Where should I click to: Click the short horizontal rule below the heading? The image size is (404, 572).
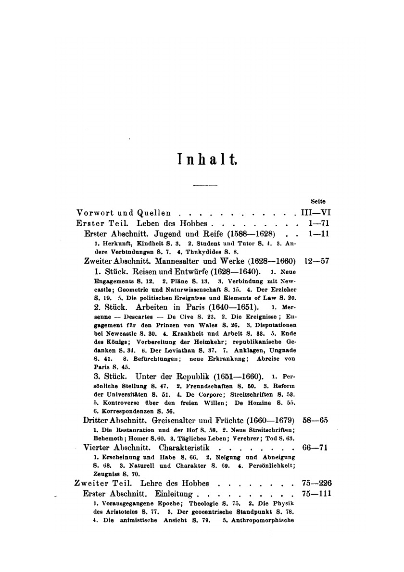[x=205, y=185]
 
